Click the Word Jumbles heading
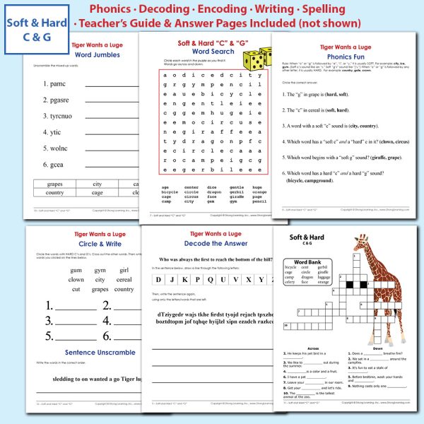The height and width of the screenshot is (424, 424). pos(81,54)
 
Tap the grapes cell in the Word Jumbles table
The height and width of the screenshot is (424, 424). pos(54,184)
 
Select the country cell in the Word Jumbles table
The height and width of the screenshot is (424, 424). pos(54,192)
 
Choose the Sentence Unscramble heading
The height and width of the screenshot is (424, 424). pos(81,352)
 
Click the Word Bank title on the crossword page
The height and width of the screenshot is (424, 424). pos(305,262)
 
